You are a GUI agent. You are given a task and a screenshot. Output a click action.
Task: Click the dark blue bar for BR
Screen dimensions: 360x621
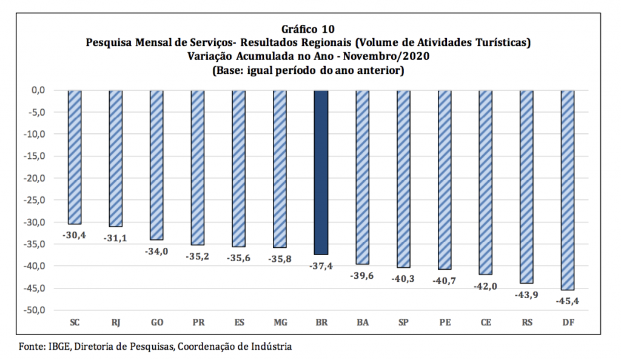321,172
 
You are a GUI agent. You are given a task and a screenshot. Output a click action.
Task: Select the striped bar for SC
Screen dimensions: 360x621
75,157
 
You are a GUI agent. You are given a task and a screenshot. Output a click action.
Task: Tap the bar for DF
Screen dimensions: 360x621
568,190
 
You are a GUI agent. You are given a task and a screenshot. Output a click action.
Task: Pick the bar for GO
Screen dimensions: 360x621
156,165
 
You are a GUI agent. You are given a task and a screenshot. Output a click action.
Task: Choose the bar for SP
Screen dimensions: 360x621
403,179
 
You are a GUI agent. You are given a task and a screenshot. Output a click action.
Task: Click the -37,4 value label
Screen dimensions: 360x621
321,266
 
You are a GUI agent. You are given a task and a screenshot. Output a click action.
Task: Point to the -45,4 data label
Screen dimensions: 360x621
568,301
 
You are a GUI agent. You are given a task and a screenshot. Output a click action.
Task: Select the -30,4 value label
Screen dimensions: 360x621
75,235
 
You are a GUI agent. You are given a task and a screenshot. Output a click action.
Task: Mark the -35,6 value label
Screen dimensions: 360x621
239,257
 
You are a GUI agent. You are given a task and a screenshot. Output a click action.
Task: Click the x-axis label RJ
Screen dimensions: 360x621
115,322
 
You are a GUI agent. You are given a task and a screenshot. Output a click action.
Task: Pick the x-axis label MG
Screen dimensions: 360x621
280,322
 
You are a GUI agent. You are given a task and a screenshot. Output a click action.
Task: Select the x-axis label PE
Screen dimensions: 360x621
445,322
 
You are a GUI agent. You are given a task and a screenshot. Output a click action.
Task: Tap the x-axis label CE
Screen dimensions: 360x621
485,322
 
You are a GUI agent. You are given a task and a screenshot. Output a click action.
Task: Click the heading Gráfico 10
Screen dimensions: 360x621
308,29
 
